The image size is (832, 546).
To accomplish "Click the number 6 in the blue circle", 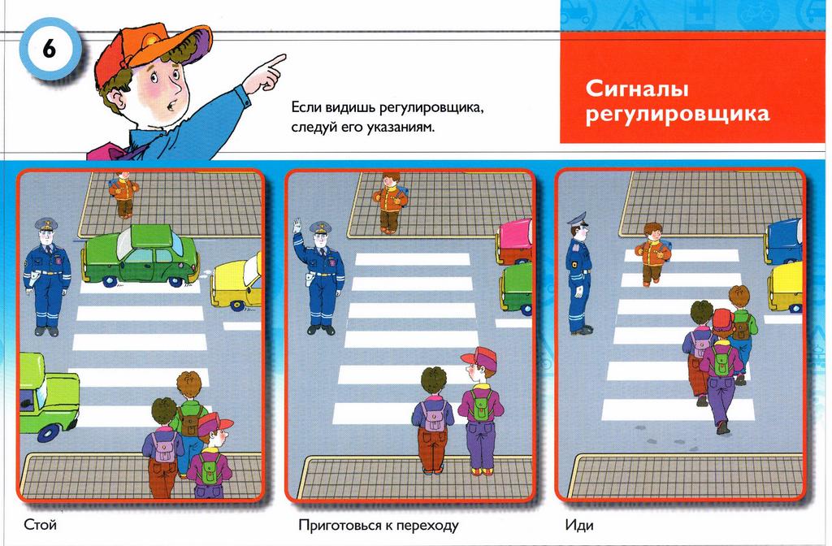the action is pyautogui.click(x=48, y=50).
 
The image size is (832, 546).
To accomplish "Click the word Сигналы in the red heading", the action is pyautogui.click(x=637, y=89).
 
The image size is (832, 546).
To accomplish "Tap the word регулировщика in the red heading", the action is pyautogui.click(x=677, y=114).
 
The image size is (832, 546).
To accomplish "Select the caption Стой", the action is pyautogui.click(x=41, y=526).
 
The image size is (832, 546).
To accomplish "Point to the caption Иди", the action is pyautogui.click(x=578, y=526).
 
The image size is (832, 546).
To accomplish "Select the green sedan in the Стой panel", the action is pyautogui.click(x=141, y=256).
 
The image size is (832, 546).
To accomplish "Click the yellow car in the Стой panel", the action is pyautogui.click(x=236, y=284).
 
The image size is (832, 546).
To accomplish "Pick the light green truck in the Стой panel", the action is pyautogui.click(x=49, y=396).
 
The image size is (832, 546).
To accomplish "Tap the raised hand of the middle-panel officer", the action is pyautogui.click(x=297, y=225).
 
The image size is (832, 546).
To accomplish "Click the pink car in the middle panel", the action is pyautogui.click(x=514, y=241).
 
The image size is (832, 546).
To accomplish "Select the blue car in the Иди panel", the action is pyautogui.click(x=784, y=241).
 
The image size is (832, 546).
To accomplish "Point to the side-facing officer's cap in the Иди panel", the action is pyautogui.click(x=578, y=218).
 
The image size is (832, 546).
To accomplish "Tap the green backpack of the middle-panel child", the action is pyautogui.click(x=479, y=405).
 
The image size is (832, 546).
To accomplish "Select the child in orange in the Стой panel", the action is pyautogui.click(x=124, y=194).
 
